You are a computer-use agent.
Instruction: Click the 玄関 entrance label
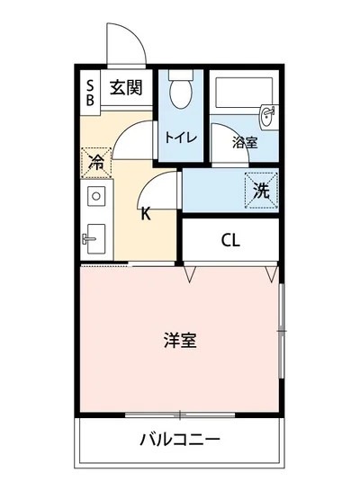click(x=126, y=88)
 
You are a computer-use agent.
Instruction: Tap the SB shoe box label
click(x=90, y=94)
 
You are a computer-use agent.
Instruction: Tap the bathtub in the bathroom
click(x=236, y=94)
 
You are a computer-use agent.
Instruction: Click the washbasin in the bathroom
click(x=266, y=115)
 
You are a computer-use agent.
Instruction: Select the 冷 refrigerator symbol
click(x=95, y=164)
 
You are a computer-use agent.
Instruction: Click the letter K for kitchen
click(x=145, y=213)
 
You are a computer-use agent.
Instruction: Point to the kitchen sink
click(x=94, y=238)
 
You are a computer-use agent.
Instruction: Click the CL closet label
click(x=230, y=240)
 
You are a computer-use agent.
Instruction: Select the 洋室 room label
click(x=180, y=341)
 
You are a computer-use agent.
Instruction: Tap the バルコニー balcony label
click(x=180, y=441)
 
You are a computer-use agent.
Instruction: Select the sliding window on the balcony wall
click(x=180, y=414)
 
